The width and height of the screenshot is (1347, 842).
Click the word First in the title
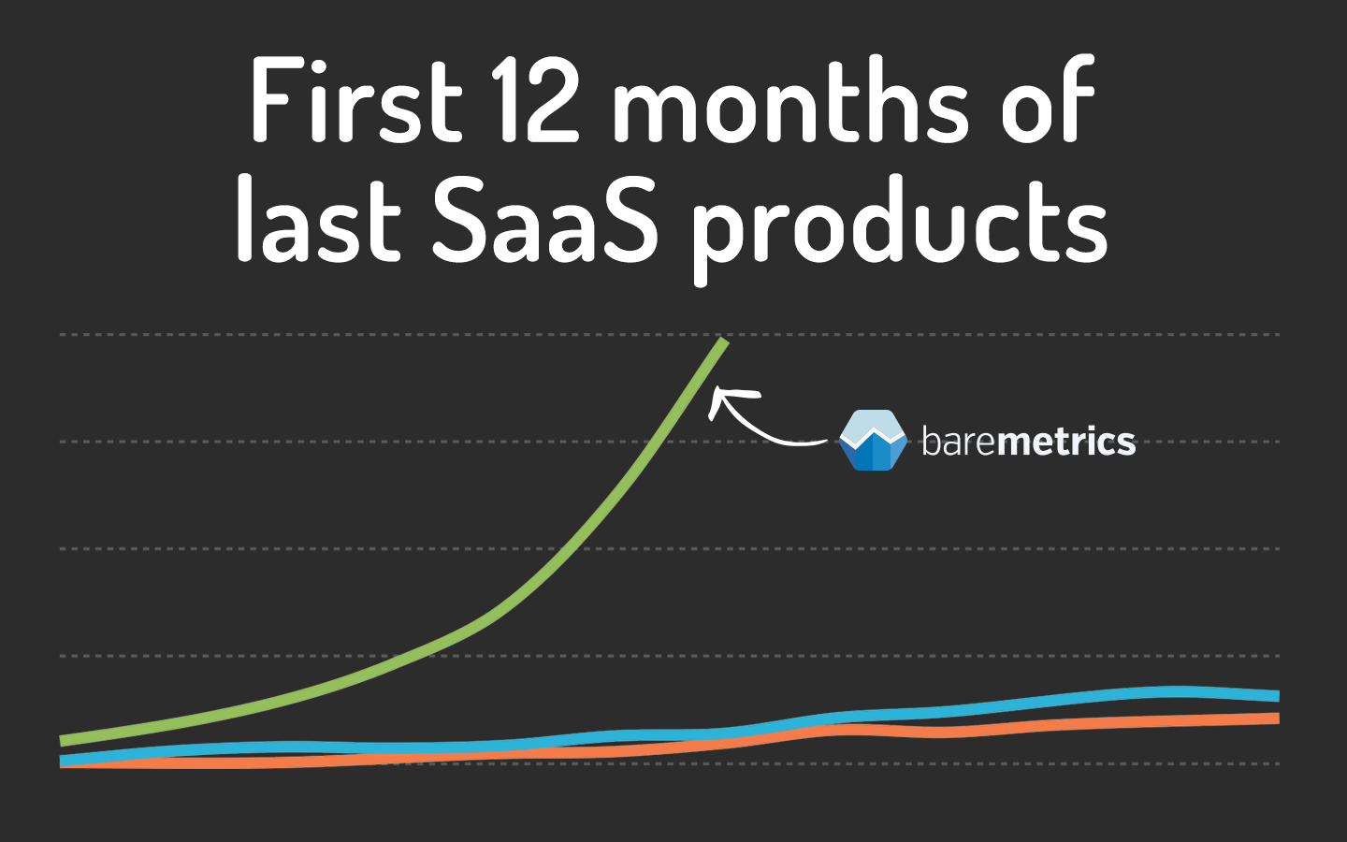pos(356,100)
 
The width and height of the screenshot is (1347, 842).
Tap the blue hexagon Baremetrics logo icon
pos(873,440)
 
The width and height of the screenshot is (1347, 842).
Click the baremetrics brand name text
pos(1028,441)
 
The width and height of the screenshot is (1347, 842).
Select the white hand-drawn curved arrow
pos(762,421)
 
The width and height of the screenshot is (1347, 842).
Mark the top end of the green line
pos(723,341)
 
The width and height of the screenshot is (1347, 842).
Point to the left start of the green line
pos(64,740)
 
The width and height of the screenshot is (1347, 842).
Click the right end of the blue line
pos(1276,696)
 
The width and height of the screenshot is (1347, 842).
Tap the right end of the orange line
pos(1276,718)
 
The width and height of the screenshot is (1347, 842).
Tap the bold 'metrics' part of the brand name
pos(1066,441)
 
